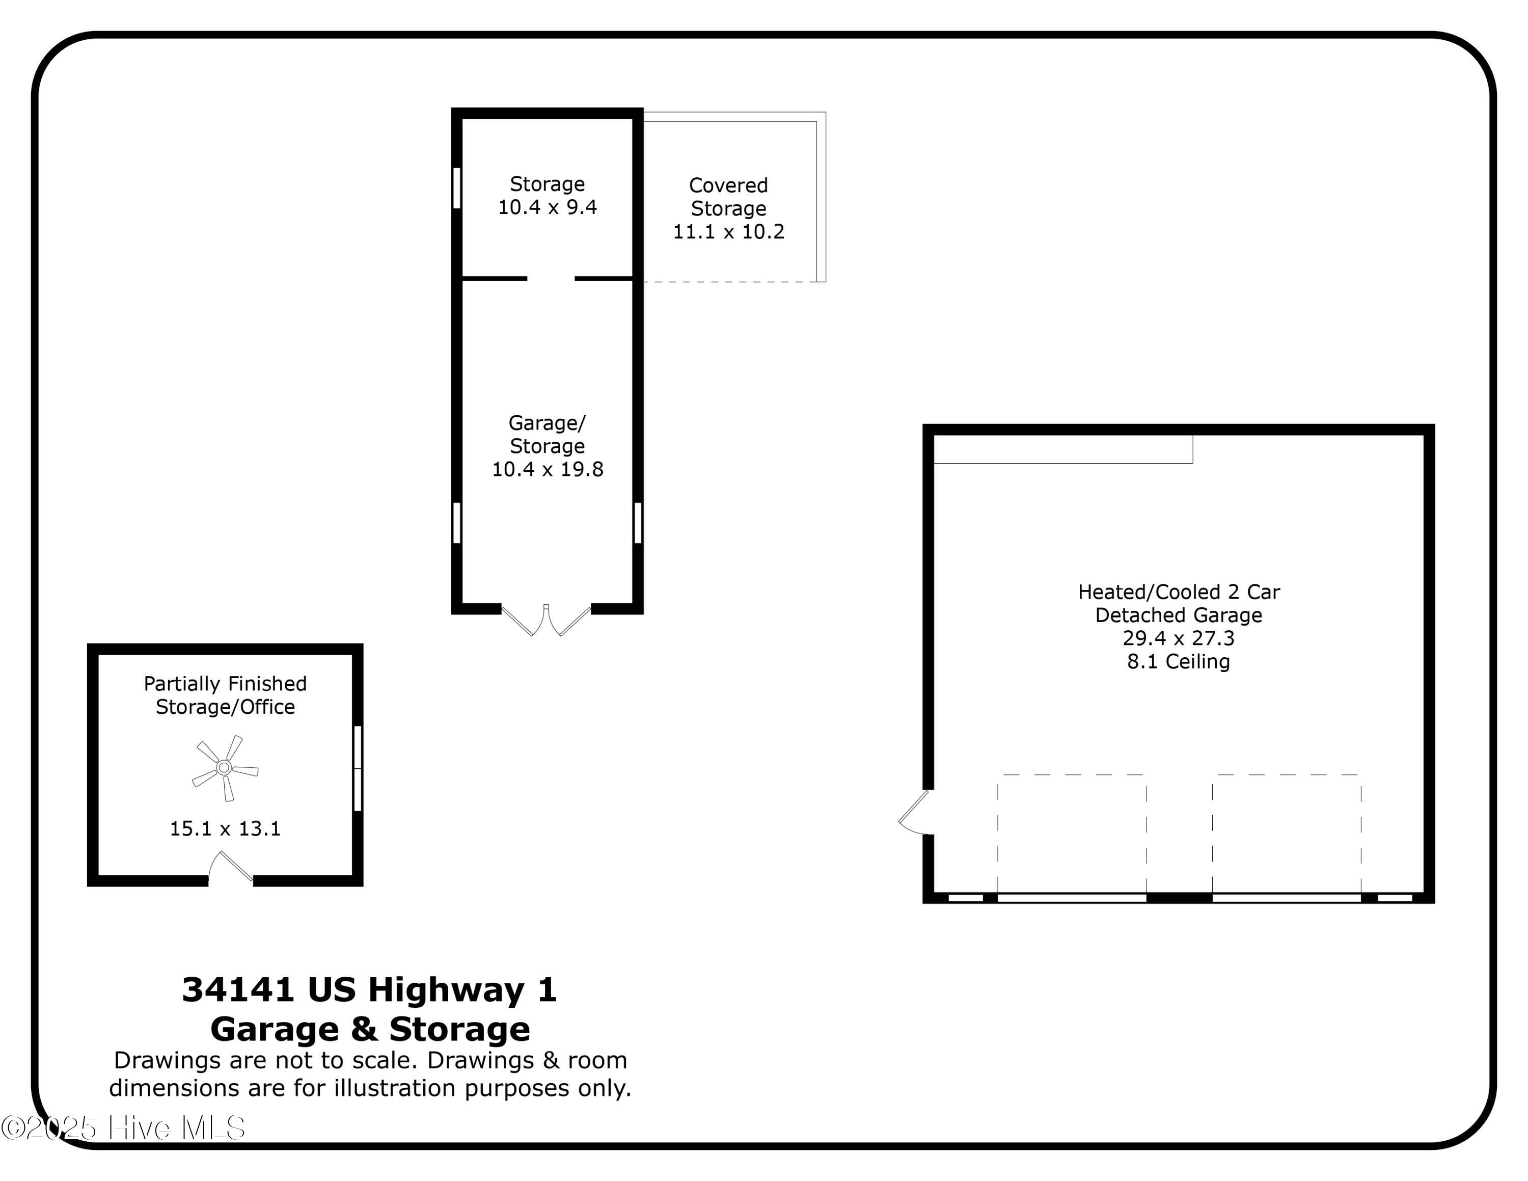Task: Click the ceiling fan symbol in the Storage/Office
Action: [225, 767]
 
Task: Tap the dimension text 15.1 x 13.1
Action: [225, 828]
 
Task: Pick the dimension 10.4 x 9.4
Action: [547, 207]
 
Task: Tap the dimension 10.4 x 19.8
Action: [547, 469]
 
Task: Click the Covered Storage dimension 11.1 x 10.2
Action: [728, 232]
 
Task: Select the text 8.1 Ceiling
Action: [1178, 661]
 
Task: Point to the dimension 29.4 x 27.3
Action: [1178, 638]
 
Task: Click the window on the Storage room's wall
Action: [457, 187]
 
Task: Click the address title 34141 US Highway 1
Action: [369, 989]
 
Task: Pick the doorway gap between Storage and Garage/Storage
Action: [551, 279]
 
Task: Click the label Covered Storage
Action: [728, 197]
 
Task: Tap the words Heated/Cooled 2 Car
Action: [1178, 592]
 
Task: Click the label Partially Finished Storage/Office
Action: [225, 695]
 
